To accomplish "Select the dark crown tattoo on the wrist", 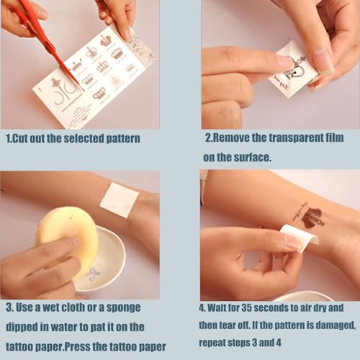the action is tap(312, 218).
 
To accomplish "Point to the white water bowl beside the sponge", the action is tap(101, 259).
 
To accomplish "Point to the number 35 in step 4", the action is tap(246, 307).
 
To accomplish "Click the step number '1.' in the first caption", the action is tap(9, 139).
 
